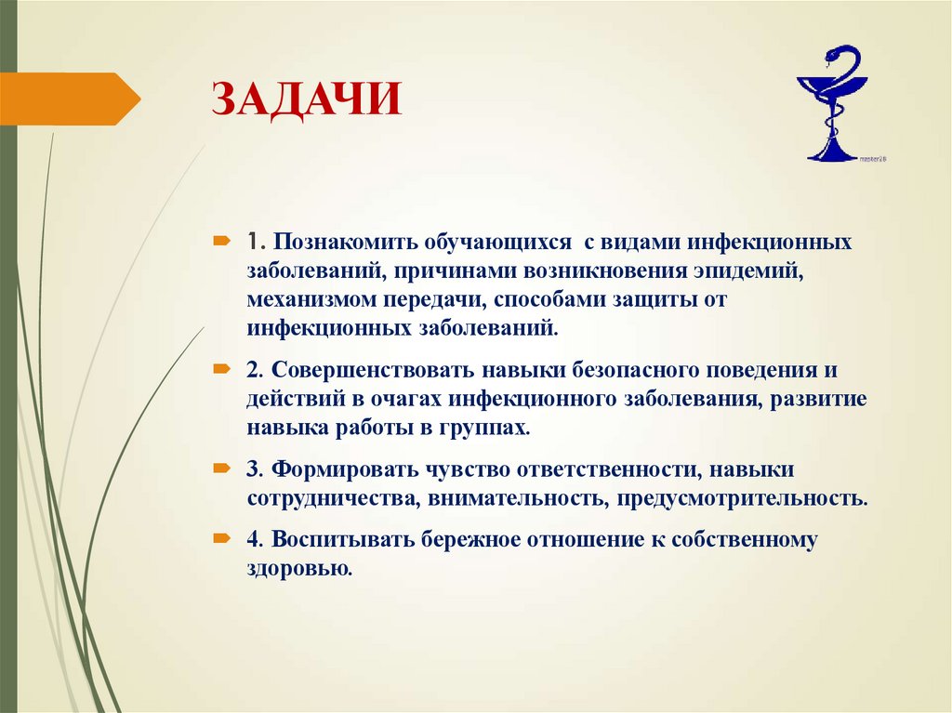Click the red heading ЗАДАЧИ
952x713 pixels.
tap(308, 99)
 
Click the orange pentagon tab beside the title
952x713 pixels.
tap(70, 99)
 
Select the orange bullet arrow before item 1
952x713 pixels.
tap(223, 242)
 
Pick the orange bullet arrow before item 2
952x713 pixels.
tap(223, 369)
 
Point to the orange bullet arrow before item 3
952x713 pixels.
tap(223, 468)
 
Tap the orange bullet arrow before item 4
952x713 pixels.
tap(223, 538)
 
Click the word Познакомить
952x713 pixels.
tap(344, 243)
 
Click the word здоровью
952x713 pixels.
tap(299, 568)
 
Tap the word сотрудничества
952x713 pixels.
tap(331, 497)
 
